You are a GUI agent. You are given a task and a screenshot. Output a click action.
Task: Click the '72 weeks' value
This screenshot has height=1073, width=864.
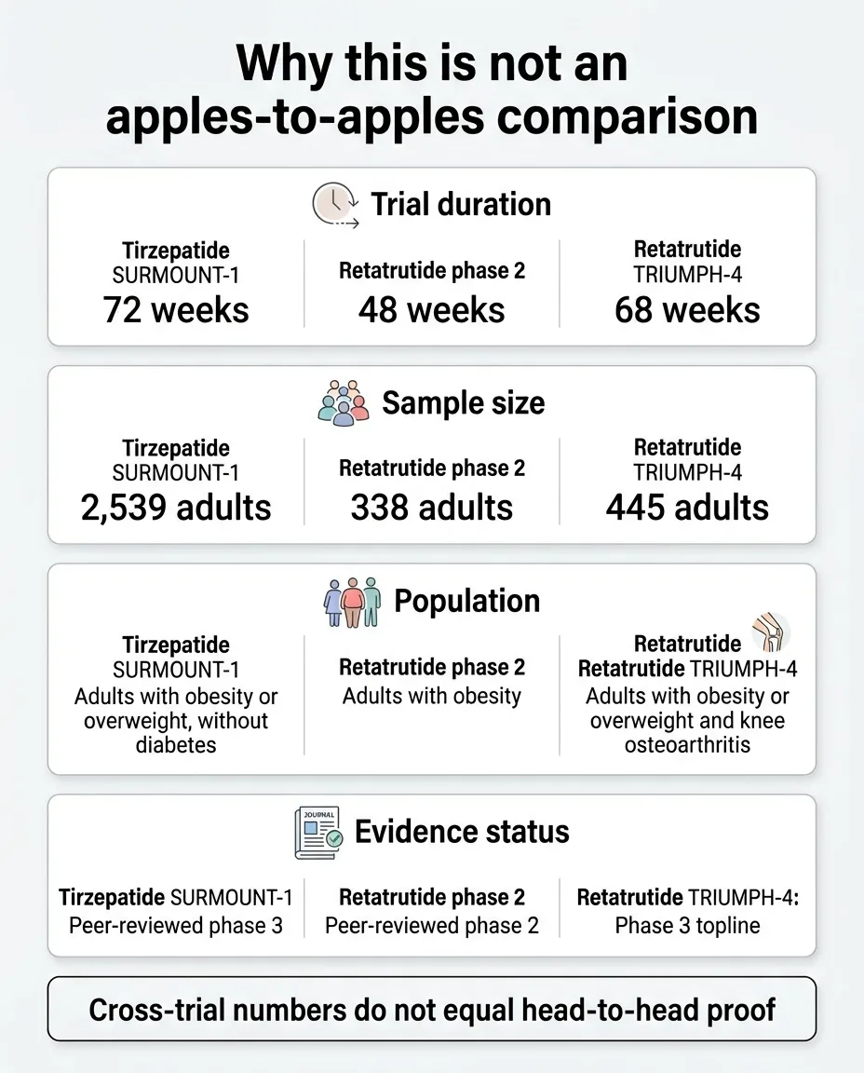[x=176, y=309]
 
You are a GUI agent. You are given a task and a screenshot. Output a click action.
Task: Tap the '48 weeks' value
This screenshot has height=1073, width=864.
[x=431, y=309]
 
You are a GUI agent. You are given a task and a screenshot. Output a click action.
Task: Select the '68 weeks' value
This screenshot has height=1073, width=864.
[x=687, y=309]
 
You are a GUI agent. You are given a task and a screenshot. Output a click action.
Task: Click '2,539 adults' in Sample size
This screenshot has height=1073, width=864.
[x=176, y=508]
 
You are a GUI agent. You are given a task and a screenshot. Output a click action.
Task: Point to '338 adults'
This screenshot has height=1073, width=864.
[x=431, y=508]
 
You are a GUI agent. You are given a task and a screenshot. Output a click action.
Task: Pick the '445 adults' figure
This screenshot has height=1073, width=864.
[x=687, y=508]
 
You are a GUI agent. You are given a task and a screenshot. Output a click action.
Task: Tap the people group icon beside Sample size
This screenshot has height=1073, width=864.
[x=343, y=403]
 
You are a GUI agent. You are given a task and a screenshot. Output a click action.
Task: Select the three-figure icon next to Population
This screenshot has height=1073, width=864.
[x=352, y=602]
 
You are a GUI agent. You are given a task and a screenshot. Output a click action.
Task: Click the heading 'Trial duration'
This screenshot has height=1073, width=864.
[x=461, y=205]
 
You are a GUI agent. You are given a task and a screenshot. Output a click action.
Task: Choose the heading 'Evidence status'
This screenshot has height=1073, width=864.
[x=462, y=832]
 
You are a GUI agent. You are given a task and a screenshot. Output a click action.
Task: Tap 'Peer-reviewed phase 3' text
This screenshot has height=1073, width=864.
[x=176, y=926]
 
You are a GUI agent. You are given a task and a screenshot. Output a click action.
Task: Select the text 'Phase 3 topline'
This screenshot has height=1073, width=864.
[x=687, y=926]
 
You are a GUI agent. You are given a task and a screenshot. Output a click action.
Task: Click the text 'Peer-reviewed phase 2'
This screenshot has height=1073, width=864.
[x=431, y=926]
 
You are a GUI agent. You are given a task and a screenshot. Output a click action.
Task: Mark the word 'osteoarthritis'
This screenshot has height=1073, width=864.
[x=687, y=745]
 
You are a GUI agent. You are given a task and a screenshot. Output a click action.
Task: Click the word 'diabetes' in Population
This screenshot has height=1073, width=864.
[x=176, y=745]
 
